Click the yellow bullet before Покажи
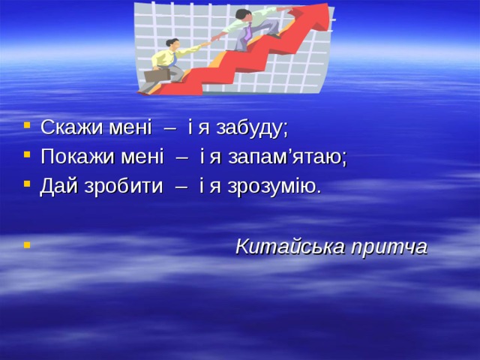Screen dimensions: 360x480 [28, 155]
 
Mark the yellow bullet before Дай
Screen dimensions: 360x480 [28, 184]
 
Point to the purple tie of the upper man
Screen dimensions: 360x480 [247, 34]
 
